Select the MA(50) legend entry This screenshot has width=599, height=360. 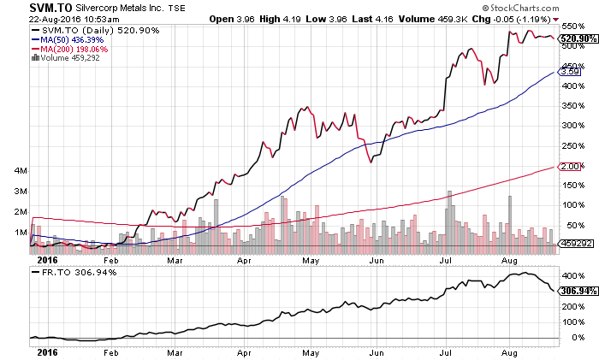pos(66,39)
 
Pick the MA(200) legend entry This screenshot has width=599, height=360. pos(68,50)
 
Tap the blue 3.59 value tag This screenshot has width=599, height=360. pos(570,73)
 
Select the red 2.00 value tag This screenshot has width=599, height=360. pos(570,166)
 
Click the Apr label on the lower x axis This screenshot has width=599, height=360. pos(243,351)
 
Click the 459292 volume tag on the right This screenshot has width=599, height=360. pos(574,244)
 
